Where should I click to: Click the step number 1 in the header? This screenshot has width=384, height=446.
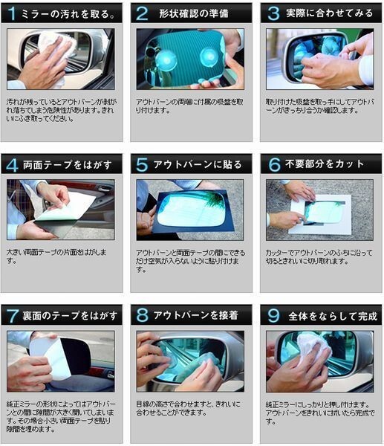[12, 13]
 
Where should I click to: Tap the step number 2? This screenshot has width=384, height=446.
[140, 13]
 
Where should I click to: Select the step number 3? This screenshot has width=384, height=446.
[273, 13]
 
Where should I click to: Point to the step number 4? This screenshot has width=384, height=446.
[12, 164]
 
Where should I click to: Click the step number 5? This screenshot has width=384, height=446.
[141, 164]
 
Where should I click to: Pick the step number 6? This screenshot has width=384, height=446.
[273, 164]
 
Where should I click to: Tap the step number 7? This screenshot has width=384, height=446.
[12, 315]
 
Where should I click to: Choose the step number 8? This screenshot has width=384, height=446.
[141, 315]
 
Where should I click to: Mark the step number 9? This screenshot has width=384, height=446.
[273, 315]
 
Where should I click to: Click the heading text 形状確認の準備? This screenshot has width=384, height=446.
[194, 13]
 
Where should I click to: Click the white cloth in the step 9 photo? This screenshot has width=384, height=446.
[312, 349]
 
